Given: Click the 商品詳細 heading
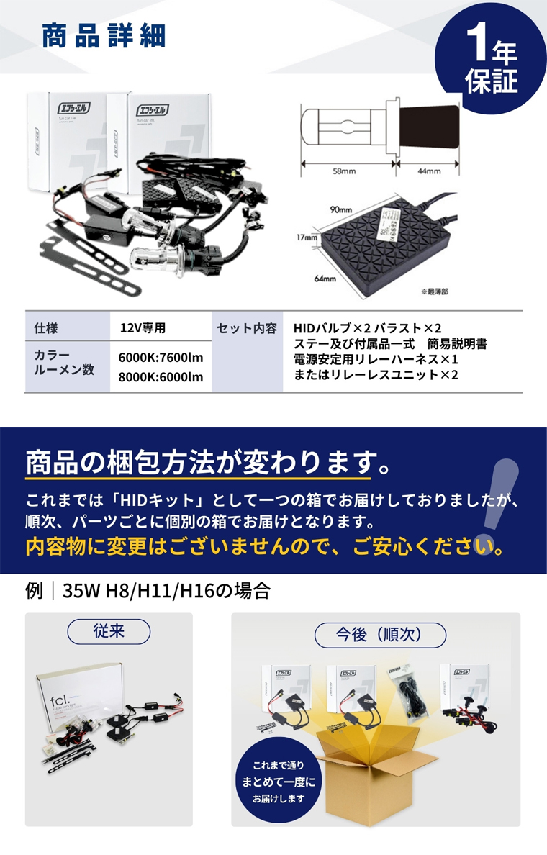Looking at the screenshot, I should point(104,37).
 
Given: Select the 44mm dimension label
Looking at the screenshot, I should point(428,171).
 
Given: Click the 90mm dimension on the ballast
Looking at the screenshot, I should point(340,209).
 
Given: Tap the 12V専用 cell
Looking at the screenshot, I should point(143,328).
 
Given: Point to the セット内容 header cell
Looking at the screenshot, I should point(247,328).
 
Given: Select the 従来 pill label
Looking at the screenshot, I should point(109,631).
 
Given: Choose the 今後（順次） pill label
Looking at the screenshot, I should point(380,635).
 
